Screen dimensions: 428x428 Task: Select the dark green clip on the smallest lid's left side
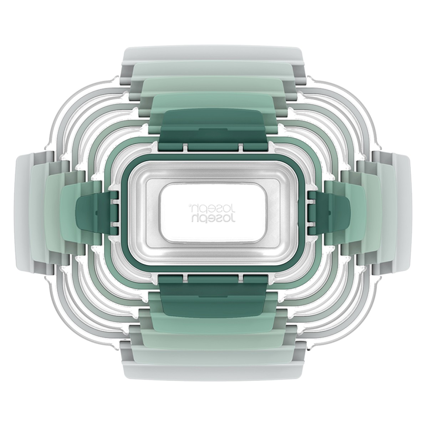click(x=97, y=213)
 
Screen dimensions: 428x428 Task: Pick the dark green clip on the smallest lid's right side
click(x=330, y=213)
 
